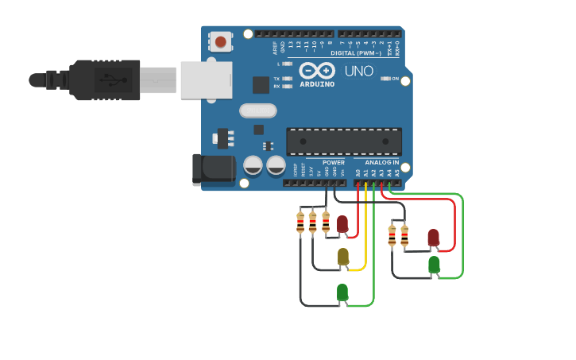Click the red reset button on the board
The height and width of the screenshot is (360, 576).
pos(222,41)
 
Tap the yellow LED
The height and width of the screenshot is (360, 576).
pos(343,256)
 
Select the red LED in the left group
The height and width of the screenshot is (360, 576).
pos(342,224)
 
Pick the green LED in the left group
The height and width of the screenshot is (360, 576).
pos(342,292)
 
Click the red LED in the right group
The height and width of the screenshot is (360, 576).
pos(433,237)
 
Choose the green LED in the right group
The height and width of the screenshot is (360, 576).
pos(434,265)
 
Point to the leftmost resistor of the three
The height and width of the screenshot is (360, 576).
pos(300,222)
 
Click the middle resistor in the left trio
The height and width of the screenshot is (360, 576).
pos(313,222)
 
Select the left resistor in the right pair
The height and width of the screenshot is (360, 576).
pos(392,235)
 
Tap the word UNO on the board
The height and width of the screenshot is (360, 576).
pos(359,72)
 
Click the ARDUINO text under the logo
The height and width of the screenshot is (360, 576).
pos(317,83)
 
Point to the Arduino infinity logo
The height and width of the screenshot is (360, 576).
pos(317,71)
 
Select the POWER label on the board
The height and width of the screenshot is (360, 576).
pos(334,162)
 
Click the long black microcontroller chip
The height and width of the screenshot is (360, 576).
pos(343,141)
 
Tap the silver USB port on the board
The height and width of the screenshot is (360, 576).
pos(206,80)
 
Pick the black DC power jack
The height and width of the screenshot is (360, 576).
pos(213,168)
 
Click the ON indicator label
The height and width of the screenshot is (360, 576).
pos(394,79)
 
